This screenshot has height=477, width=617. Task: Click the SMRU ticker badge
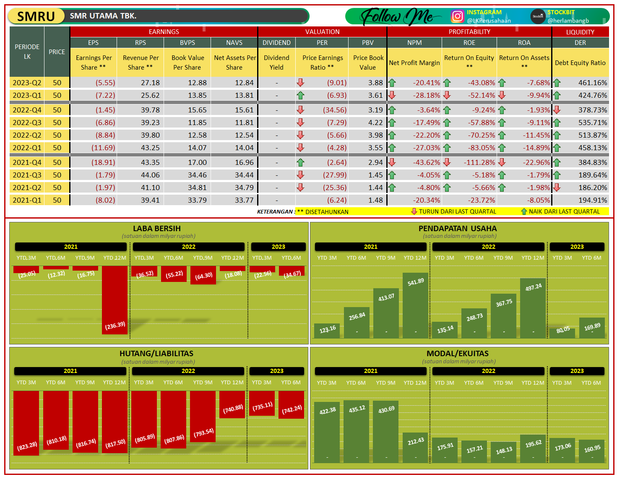tap(36, 16)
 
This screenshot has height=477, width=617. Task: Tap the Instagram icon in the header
tap(457, 16)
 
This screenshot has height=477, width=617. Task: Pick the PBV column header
tap(367, 43)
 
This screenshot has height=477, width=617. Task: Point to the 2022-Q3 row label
tap(27, 123)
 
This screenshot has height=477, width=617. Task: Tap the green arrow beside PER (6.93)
tap(300, 96)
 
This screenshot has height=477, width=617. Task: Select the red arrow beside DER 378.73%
tap(557, 110)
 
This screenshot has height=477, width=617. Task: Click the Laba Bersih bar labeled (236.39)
tap(115, 300)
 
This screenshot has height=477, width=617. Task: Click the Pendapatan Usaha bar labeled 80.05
tap(562, 332)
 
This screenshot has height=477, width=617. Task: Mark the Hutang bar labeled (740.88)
tap(232, 404)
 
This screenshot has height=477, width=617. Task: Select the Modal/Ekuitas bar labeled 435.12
tap(357, 431)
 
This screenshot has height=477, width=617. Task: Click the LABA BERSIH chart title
tap(156, 229)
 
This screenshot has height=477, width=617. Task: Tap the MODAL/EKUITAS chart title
tap(457, 354)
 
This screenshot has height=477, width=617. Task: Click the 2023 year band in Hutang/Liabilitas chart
tap(276, 371)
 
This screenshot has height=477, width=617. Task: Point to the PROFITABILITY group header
tap(469, 32)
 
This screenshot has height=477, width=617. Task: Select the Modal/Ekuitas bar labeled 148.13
tap(503, 452)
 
